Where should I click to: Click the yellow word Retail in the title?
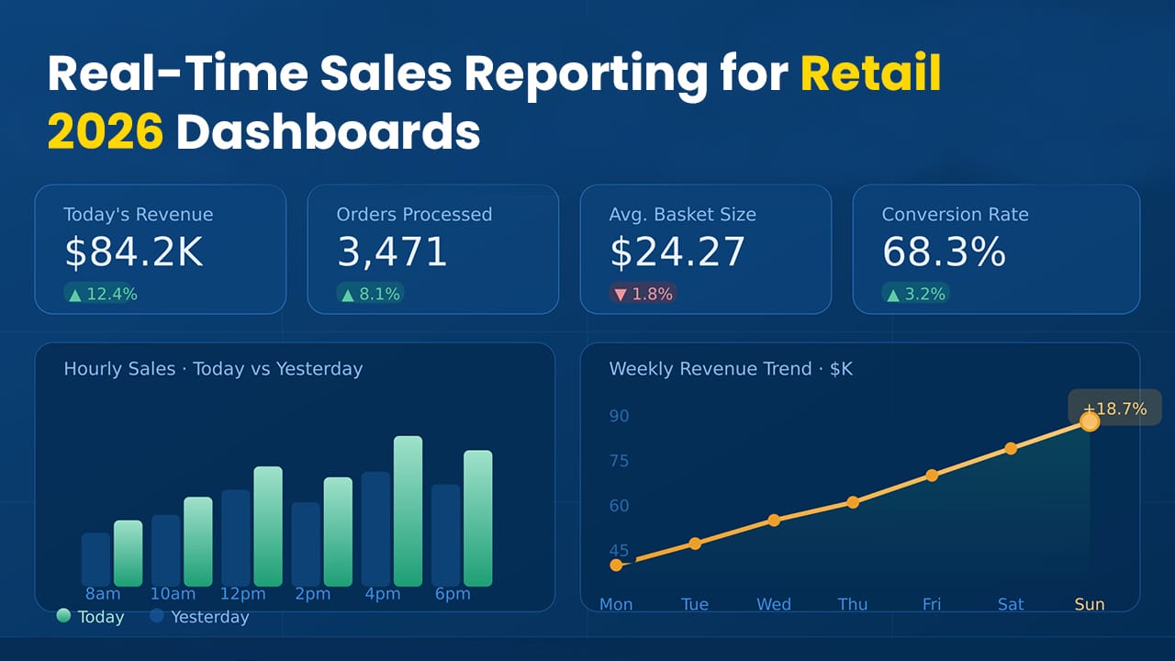[870, 74]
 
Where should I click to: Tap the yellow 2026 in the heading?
[105, 133]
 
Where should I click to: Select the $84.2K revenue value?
[134, 252]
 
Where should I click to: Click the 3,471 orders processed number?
[392, 252]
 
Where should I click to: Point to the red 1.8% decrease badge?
[643, 294]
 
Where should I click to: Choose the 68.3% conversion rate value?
[944, 252]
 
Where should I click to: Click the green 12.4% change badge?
[102, 294]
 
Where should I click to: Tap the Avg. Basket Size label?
[682, 215]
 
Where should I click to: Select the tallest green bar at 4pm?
[408, 510]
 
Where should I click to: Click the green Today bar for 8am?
[129, 553]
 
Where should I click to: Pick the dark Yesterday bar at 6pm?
[446, 534]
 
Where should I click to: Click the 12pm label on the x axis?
[242, 594]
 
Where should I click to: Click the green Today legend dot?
[63, 616]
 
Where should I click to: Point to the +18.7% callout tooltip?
[1114, 409]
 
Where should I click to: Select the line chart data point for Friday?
[932, 476]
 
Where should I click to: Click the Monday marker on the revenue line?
[616, 565]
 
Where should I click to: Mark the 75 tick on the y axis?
[620, 461]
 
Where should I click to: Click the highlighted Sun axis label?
[1090, 604]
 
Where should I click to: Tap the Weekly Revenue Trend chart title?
[731, 369]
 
